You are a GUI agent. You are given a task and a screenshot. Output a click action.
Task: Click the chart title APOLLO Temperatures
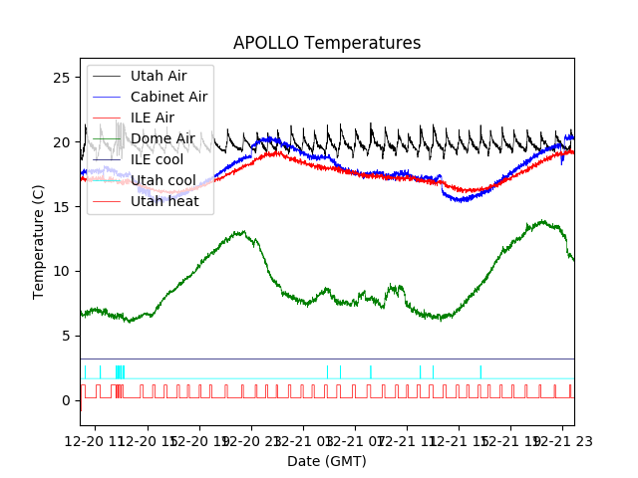(x=327, y=43)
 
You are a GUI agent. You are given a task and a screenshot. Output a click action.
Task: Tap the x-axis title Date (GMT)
(x=327, y=461)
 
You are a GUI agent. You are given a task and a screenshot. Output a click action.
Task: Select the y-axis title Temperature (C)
(x=39, y=241)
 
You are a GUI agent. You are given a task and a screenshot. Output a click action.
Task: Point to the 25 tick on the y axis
(x=66, y=78)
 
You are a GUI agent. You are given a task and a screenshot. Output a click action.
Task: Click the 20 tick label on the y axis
(x=66, y=142)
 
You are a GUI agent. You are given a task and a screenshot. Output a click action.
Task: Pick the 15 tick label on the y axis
(x=66, y=206)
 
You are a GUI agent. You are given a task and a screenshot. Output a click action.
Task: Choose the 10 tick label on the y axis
(x=66, y=271)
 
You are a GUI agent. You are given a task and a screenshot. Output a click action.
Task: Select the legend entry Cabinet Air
(x=168, y=97)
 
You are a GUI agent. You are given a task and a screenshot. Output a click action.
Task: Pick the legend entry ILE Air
(x=152, y=118)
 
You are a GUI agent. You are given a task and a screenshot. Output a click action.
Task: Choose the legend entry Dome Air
(x=162, y=138)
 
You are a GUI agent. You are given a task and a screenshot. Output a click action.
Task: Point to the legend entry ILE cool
(x=157, y=159)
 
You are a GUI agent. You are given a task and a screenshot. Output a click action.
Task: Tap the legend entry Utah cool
(x=162, y=180)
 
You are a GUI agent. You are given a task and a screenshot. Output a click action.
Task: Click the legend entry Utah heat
(x=164, y=201)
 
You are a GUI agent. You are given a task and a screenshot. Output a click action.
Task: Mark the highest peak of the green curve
(x=541, y=221)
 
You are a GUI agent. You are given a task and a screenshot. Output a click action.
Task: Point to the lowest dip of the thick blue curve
(x=462, y=201)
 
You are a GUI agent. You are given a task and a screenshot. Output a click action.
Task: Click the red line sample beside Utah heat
(x=107, y=201)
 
